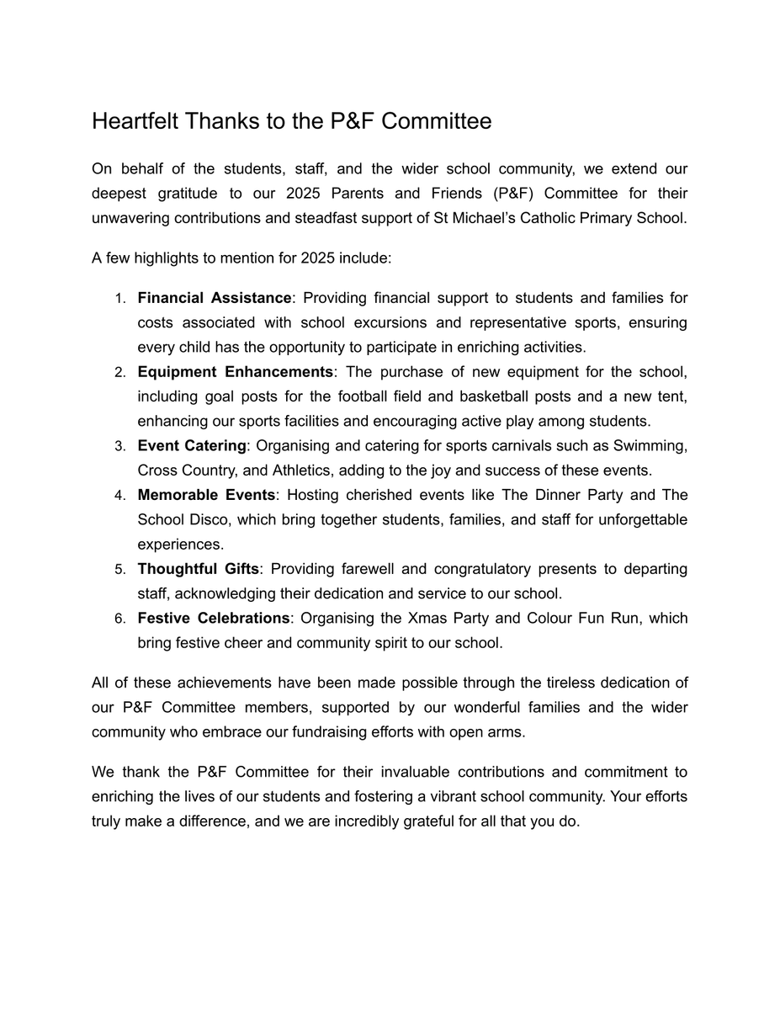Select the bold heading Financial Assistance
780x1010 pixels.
pyautogui.click(x=215, y=298)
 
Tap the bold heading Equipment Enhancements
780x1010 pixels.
pyautogui.click(x=236, y=372)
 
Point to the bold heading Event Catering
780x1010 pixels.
pyautogui.click(x=192, y=446)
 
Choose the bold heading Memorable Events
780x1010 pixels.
pyautogui.click(x=206, y=495)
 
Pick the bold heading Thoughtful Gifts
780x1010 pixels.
pyautogui.click(x=199, y=569)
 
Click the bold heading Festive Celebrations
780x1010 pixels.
pyautogui.click(x=214, y=619)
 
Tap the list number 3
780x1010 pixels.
pyautogui.click(x=120, y=447)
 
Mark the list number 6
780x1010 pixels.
pyautogui.click(x=120, y=619)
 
